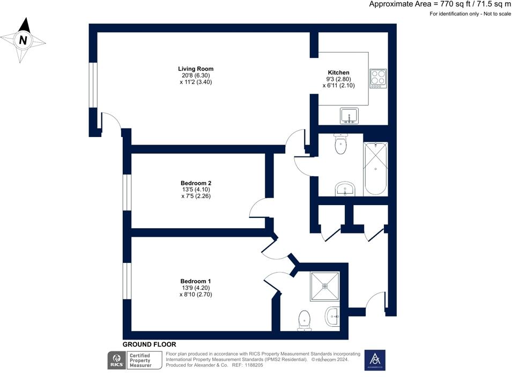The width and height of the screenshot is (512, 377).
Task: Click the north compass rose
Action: [23, 40]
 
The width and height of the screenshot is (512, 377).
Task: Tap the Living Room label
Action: [196, 69]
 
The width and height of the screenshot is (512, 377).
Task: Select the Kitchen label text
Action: [338, 72]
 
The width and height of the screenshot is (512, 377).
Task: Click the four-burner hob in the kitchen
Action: [378, 78]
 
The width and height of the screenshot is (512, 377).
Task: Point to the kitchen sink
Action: [350, 116]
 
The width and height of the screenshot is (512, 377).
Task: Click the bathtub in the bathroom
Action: [375, 169]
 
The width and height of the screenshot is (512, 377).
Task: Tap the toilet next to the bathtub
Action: [340, 144]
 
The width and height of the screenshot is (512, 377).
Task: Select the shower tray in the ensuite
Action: [325, 285]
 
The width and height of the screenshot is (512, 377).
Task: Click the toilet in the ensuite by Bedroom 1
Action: [304, 320]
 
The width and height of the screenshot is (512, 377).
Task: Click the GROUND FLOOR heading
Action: [149, 344]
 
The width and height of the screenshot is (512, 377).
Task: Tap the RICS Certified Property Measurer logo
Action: [135, 360]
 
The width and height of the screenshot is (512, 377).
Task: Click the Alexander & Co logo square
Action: [375, 360]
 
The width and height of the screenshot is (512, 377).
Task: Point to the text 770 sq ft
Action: [444, 4]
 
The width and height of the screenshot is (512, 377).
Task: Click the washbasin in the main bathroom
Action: [345, 189]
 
